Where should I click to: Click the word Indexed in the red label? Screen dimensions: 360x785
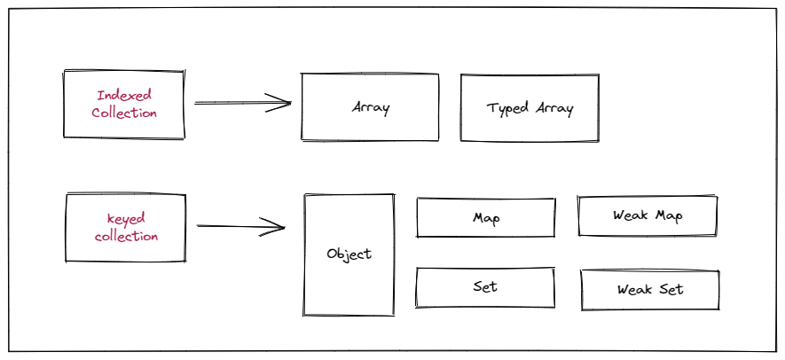coord(124,95)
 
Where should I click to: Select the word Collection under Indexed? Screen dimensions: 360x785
coord(124,113)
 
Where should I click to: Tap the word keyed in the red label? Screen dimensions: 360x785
coord(126,218)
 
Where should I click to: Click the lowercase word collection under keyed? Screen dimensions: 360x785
coord(126,237)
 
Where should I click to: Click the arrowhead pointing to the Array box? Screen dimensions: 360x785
coord(282,104)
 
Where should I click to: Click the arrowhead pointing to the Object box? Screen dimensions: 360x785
coord(277,227)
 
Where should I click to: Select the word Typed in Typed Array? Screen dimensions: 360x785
coord(508,108)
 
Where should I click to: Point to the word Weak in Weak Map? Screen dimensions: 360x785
coord(631,215)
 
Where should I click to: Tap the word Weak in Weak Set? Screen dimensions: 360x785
coord(635,290)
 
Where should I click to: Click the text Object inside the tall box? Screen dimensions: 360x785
coord(349,254)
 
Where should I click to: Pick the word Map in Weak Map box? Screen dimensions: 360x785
coord(669,215)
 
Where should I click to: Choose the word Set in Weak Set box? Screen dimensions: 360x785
coord(671,290)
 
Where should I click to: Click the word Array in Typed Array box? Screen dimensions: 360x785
coord(553,108)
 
